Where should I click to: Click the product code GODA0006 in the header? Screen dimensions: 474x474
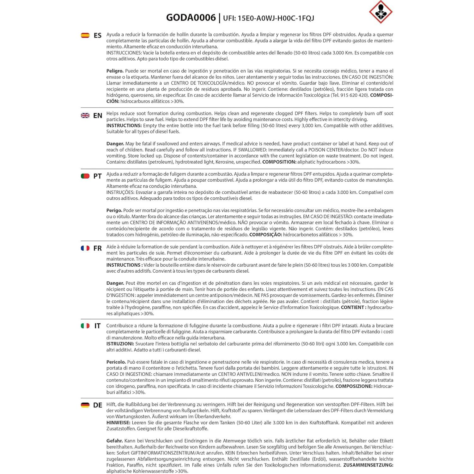point(191,17)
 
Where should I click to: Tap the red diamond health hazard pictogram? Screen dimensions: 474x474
point(380,12)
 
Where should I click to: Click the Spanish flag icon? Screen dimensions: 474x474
point(85,35)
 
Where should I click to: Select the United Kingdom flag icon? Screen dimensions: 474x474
point(85,116)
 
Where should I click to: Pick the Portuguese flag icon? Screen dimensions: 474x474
point(85,176)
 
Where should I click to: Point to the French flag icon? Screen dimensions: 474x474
point(85,248)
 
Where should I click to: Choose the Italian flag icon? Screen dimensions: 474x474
point(85,326)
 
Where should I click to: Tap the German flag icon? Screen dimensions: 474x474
point(85,405)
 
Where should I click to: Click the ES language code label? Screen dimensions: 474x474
point(98,35)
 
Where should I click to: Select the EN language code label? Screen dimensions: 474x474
point(98,116)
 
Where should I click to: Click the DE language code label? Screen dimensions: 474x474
point(98,405)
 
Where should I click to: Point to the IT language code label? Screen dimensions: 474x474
point(98,326)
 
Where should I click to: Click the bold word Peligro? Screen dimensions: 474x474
point(115,71)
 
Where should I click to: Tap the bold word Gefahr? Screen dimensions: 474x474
point(114,441)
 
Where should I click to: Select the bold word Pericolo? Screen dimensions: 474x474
point(116,362)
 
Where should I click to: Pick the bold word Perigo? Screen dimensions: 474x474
point(114,210)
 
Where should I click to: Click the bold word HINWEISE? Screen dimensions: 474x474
point(118,423)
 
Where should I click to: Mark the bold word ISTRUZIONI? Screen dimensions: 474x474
point(120,344)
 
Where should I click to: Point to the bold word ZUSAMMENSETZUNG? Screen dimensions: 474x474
point(368,465)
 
